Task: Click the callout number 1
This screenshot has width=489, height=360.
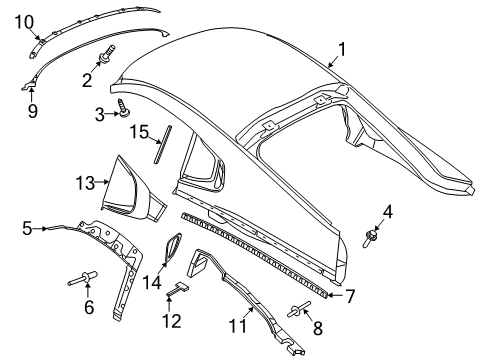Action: (x=341, y=47)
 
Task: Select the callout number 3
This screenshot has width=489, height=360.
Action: (x=100, y=115)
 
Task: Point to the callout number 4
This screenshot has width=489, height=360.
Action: (x=387, y=212)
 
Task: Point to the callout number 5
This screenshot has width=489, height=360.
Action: (x=28, y=228)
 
